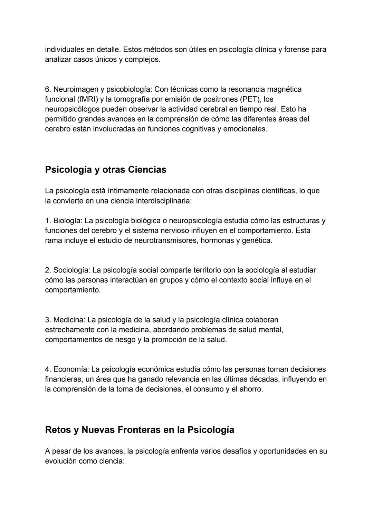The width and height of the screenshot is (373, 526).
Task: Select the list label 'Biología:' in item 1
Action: click(x=68, y=221)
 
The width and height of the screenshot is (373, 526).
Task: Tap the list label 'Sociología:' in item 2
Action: click(x=71, y=270)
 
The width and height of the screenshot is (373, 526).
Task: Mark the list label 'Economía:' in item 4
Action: click(x=71, y=369)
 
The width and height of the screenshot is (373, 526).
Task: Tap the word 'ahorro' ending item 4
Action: click(x=251, y=389)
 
